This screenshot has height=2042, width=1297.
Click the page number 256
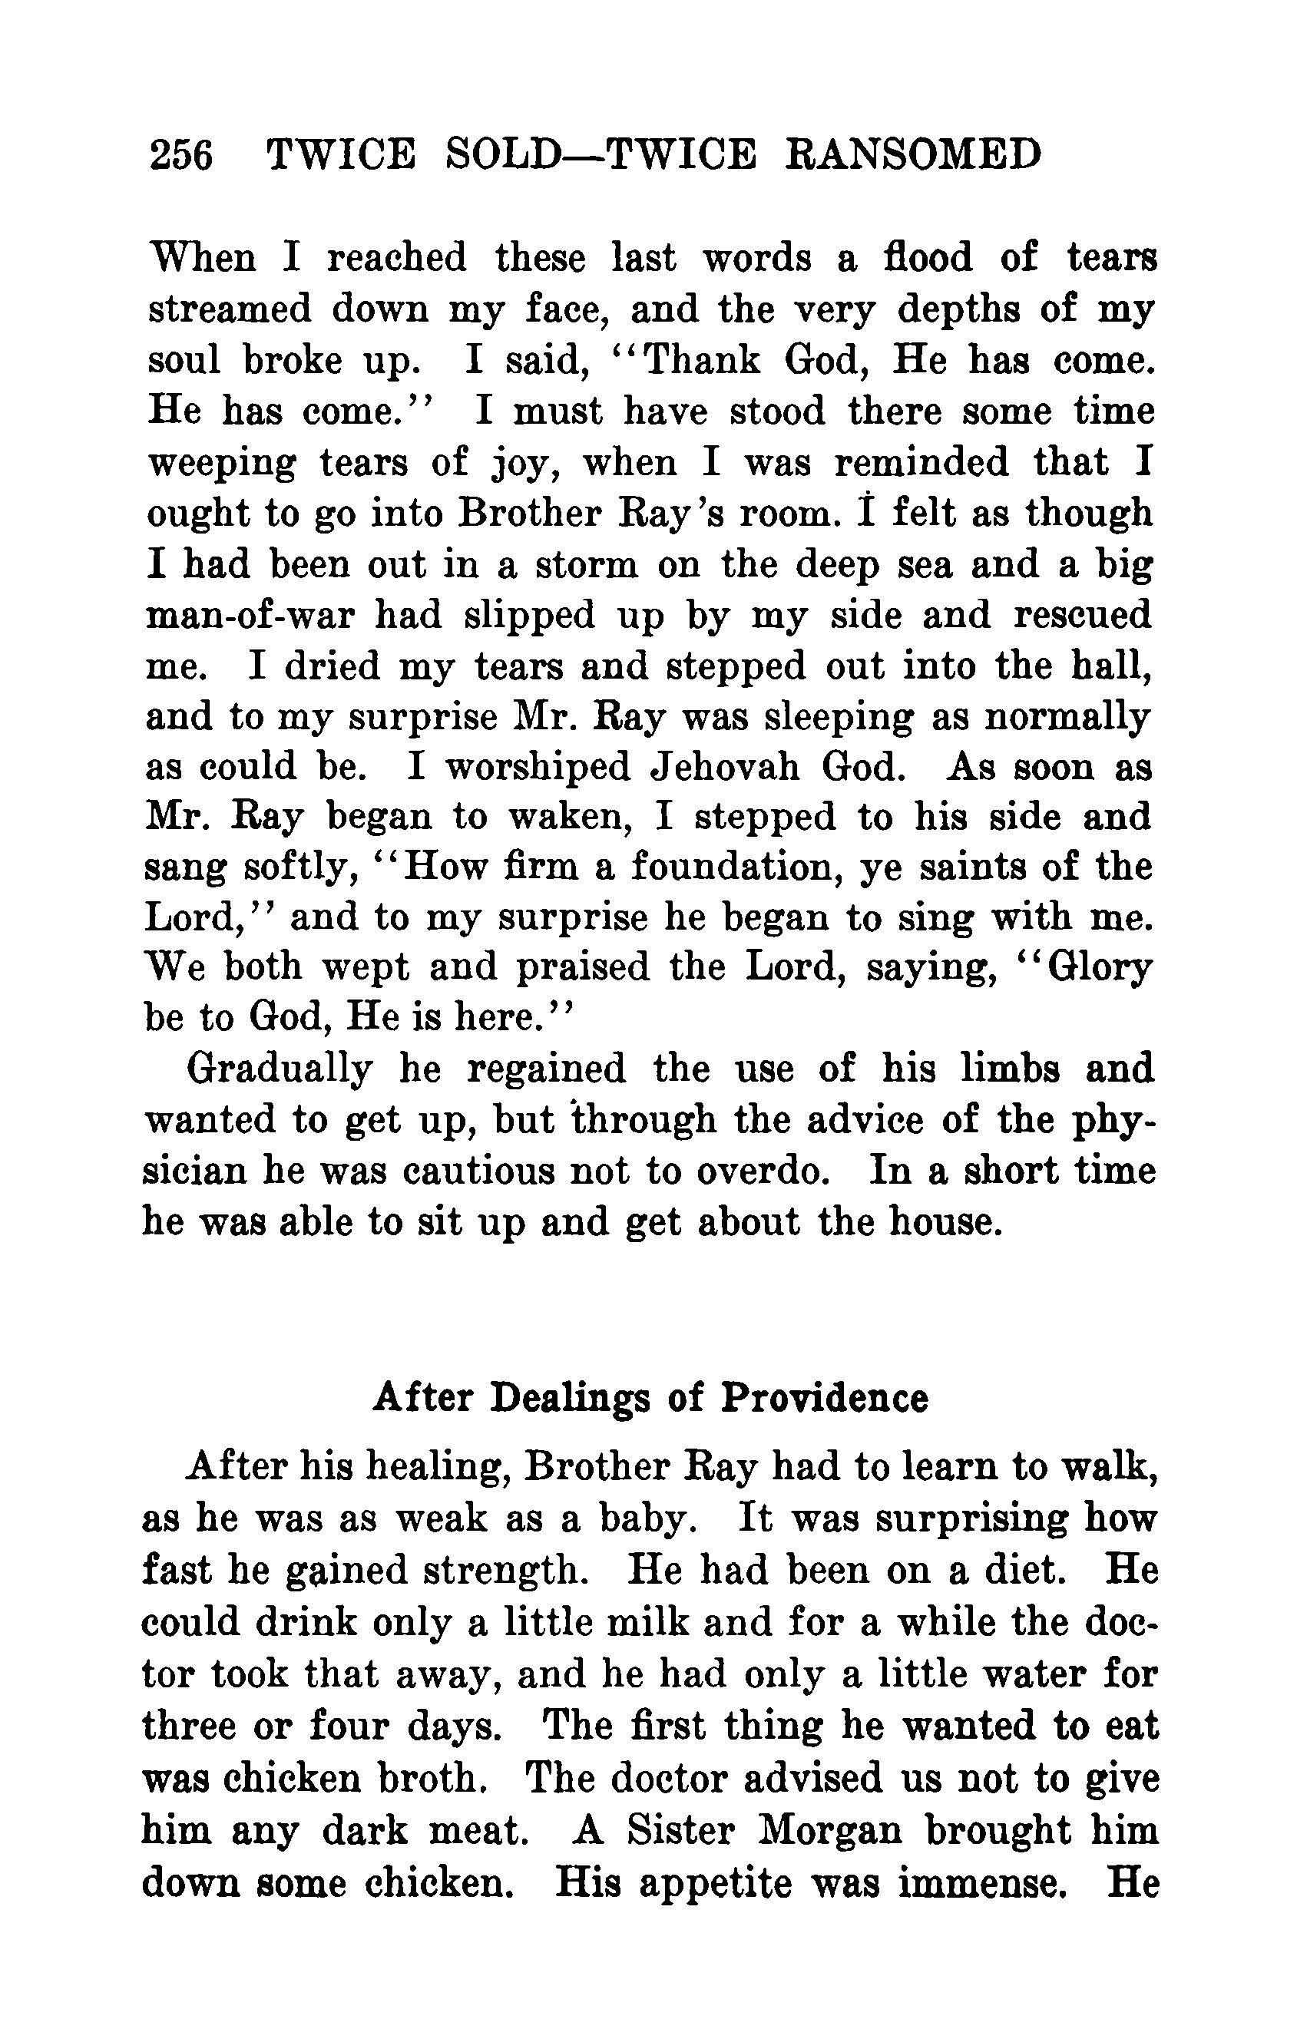point(180,155)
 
